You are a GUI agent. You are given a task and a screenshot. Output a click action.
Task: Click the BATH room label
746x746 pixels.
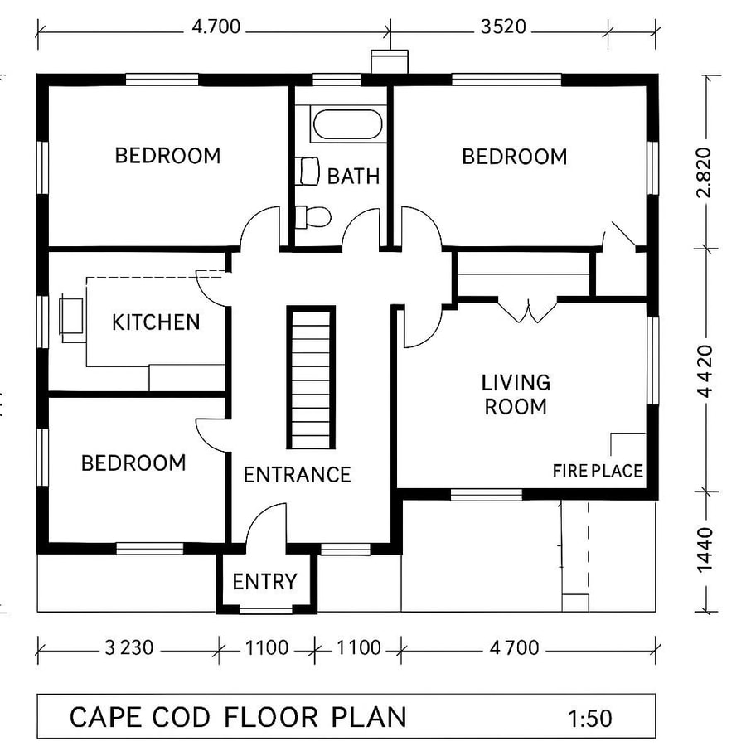point(353,176)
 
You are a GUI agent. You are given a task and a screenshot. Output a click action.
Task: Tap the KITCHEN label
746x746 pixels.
point(156,322)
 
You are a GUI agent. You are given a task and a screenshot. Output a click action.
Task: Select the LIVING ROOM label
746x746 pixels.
point(516,395)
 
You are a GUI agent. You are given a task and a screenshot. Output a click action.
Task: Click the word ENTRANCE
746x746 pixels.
point(297,475)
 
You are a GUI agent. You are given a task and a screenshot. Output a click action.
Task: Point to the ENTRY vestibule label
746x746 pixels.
point(264,582)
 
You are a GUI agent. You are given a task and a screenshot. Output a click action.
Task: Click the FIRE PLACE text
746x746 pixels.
point(598,471)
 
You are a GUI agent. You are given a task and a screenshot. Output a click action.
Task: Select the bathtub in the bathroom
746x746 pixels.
point(347,126)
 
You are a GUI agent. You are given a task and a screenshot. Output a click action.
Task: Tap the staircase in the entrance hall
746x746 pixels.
point(311,377)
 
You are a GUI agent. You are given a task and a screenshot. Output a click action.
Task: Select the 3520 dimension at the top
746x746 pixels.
point(502,27)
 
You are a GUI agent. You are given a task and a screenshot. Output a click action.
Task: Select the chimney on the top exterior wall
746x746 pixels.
point(389,62)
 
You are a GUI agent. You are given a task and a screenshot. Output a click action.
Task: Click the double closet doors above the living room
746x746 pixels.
point(526,310)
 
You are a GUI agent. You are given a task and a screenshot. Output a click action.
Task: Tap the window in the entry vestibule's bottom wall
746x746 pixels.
point(266,611)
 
